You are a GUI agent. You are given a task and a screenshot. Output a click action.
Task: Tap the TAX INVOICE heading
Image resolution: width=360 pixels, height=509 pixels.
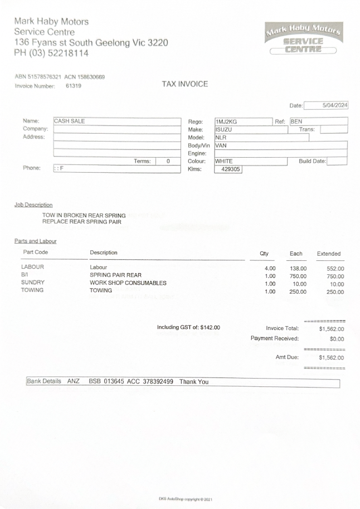(x=184, y=84)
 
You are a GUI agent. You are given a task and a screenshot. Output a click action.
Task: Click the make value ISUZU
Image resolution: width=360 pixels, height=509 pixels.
(x=223, y=129)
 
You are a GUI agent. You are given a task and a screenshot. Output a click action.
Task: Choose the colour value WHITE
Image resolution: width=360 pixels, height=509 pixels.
(x=224, y=161)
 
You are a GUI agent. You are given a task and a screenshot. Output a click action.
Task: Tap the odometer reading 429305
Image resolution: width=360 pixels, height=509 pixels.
(x=227, y=169)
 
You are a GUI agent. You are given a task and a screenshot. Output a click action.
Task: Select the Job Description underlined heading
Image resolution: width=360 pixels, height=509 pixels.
(x=33, y=205)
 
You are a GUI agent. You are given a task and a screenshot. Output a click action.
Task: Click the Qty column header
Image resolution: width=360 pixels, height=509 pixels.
(x=264, y=253)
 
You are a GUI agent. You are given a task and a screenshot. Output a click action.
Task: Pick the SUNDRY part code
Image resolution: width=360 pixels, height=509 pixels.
(x=33, y=283)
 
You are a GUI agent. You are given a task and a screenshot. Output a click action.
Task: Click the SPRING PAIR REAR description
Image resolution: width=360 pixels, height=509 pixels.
(x=115, y=275)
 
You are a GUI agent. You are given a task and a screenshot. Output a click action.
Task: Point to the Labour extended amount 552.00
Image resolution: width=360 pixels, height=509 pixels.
(x=335, y=269)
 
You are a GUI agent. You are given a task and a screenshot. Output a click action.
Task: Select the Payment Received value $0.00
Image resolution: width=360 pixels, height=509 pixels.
(x=337, y=339)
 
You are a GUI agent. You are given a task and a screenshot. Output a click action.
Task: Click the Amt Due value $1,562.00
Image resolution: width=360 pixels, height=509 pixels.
(x=331, y=358)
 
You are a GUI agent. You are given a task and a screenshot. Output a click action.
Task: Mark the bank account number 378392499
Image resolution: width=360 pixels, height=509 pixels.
(x=156, y=382)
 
